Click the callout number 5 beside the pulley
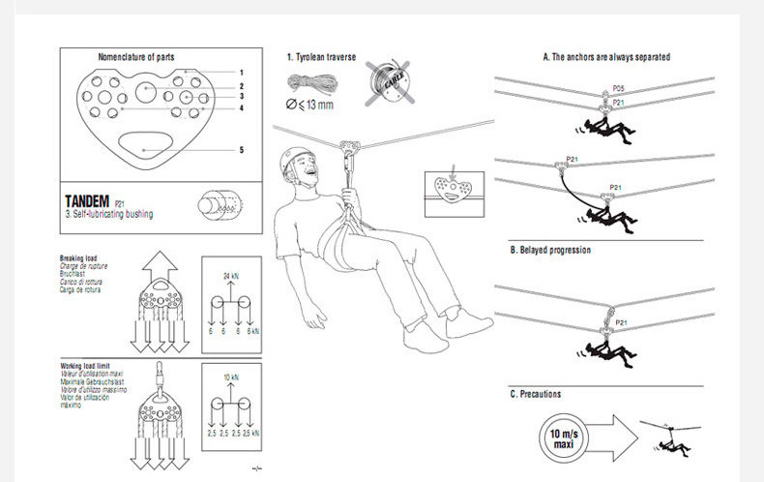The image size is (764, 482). (241, 150)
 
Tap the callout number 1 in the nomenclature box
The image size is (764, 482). (241, 73)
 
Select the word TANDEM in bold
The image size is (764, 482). (87, 201)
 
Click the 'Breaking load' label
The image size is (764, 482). (78, 258)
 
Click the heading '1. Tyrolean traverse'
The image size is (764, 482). (322, 58)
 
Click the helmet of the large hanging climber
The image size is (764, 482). (295, 158)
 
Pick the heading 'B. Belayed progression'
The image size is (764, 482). (550, 250)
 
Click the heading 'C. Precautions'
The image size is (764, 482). (536, 394)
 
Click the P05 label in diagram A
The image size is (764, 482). (618, 89)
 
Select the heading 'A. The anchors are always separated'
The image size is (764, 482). (605, 57)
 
